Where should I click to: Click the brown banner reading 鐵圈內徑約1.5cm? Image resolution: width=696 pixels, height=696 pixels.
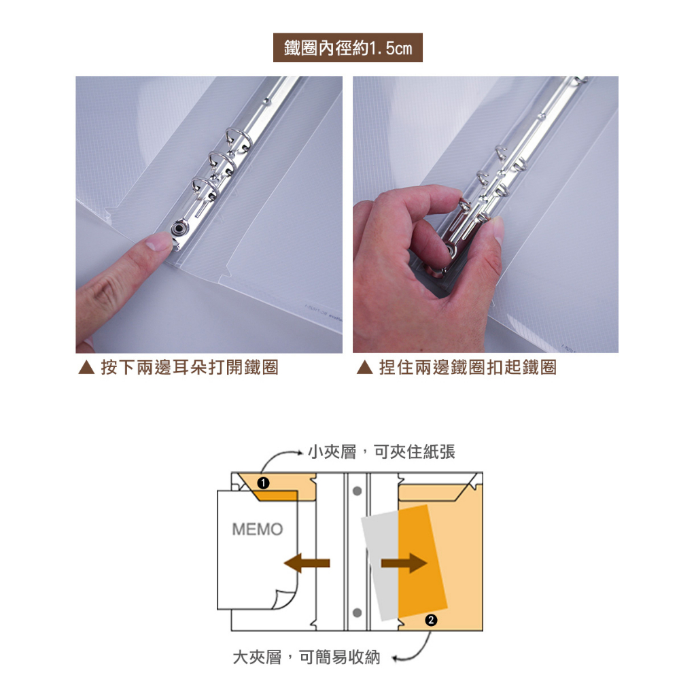coord(347,48)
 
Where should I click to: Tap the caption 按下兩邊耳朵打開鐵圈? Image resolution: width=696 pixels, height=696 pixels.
coord(190,368)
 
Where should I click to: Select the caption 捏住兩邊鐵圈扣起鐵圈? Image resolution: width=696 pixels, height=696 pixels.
coord(468,368)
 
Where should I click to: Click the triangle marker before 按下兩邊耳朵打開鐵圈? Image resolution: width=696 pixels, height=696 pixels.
coord(86,367)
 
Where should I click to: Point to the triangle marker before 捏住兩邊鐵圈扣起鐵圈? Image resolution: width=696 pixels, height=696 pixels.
coord(364,367)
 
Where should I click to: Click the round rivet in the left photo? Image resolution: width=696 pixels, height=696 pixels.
coord(179,229)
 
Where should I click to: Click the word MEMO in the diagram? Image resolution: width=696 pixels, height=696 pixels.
coord(258,529)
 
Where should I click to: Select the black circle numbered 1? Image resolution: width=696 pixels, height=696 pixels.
coord(263,483)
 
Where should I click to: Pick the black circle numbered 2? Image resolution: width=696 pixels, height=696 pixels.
coord(430,620)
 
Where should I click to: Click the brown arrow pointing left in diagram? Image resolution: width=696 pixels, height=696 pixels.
coord(307,563)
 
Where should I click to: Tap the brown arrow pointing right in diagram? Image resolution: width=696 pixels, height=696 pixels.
coord(404,563)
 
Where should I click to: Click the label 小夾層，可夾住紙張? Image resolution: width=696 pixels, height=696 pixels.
coord(382,452)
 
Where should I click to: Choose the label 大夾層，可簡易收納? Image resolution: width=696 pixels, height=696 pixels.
coord(307,657)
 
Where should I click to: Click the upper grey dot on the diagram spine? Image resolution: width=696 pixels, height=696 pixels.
coord(357,491)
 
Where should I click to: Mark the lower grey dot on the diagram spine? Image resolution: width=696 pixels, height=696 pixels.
coord(357,612)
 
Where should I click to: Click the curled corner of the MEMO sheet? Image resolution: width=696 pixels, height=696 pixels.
coord(282,599)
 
